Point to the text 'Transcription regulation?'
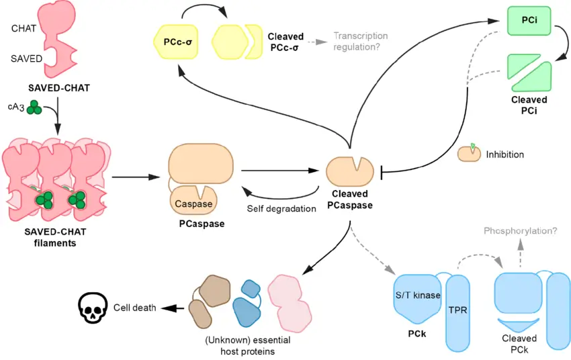click(360, 41)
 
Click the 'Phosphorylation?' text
click(520, 231)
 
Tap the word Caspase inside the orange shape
click(193, 204)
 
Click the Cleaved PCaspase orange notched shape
click(348, 171)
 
